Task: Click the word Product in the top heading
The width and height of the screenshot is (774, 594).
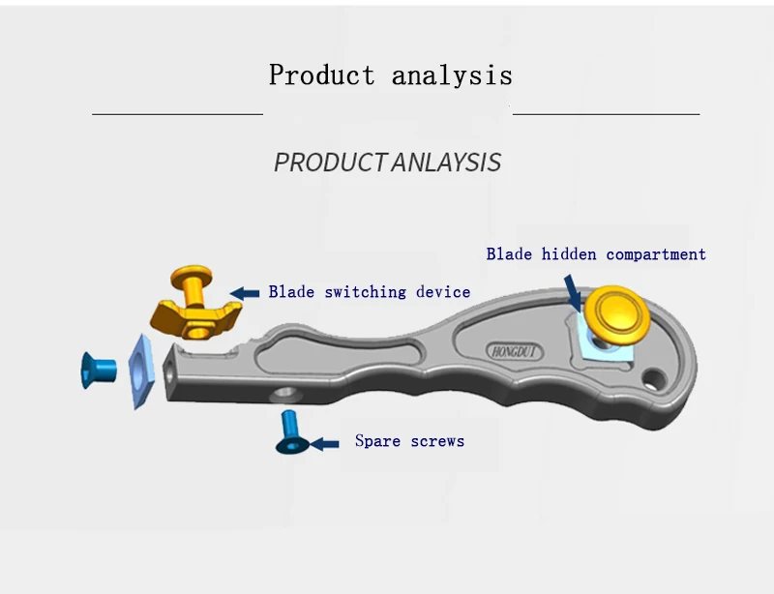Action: (x=321, y=75)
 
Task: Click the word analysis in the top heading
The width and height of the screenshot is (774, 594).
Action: (x=452, y=75)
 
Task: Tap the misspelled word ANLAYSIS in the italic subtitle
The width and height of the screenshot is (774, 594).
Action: (x=446, y=163)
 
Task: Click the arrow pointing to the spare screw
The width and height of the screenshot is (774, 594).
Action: (x=324, y=443)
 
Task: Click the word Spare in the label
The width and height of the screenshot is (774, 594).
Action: (x=377, y=441)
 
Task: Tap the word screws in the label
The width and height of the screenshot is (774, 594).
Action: (x=436, y=441)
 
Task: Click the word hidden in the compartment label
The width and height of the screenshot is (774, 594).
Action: (x=569, y=254)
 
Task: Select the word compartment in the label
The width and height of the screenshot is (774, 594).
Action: (x=656, y=254)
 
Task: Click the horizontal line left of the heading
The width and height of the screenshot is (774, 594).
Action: (x=177, y=114)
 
